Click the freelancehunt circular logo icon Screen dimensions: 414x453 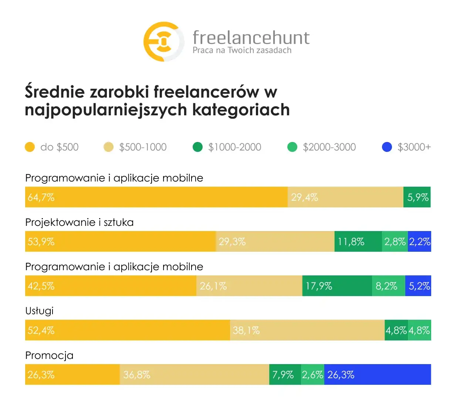tap(163, 41)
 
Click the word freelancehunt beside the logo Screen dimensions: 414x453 tap(251, 38)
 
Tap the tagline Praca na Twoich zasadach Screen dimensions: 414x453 tap(242, 50)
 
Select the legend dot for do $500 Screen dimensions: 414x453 tap(30, 147)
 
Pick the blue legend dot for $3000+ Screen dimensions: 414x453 tap(387, 147)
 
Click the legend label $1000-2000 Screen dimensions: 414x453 tap(234, 147)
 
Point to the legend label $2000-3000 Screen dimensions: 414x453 tap(329, 147)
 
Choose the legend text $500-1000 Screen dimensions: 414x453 tap(143, 147)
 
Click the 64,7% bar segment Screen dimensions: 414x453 tap(156, 197)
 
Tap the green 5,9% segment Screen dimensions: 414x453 tap(417, 197)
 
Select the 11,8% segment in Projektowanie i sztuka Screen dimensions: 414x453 tap(358, 241)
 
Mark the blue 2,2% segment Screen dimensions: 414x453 tap(419, 241)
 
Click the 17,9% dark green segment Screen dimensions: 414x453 tap(337, 286)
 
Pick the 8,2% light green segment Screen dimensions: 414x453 tap(388, 286)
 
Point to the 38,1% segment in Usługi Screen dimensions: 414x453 tap(307, 330)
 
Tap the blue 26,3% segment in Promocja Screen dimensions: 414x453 tap(377, 374)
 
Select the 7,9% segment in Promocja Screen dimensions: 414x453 tap(285, 374)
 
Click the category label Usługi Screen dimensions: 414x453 tap(39, 311)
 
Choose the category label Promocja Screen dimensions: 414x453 tap(49, 355)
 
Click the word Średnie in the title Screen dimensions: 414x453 tap(55, 92)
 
